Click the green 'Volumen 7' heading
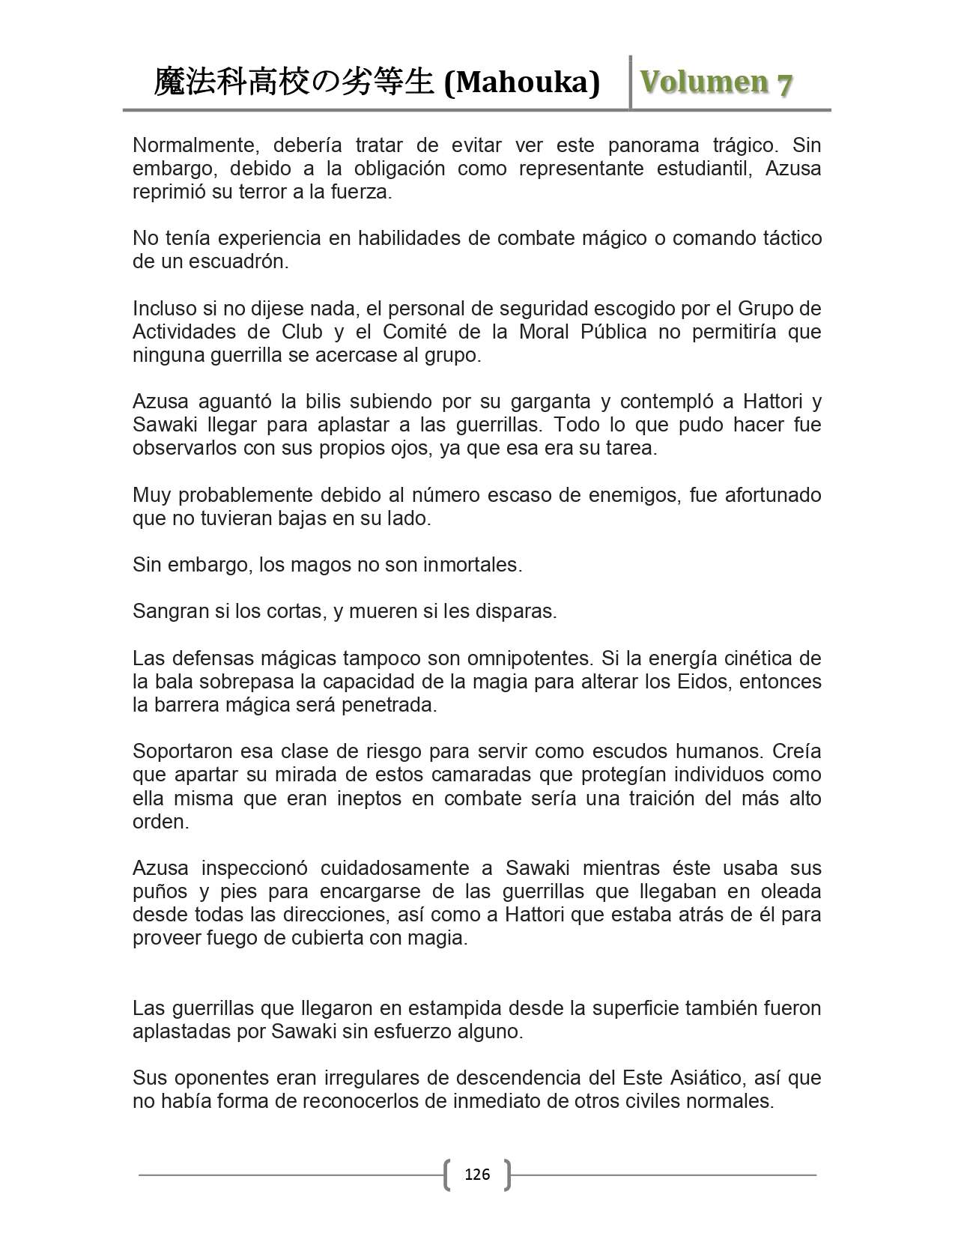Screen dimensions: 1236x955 point(715,82)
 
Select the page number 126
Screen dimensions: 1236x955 point(477,1174)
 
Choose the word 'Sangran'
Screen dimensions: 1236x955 point(171,611)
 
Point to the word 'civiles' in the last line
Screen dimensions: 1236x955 point(660,1101)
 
